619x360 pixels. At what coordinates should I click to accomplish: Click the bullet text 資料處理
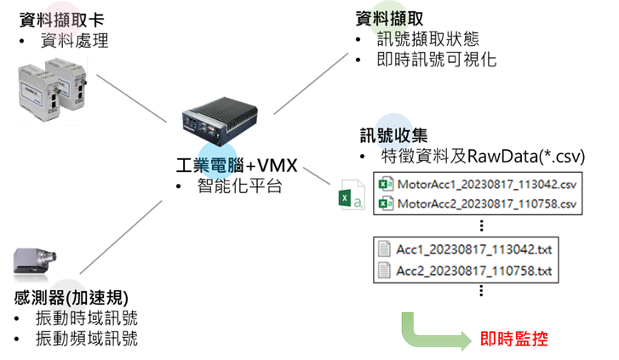point(75,41)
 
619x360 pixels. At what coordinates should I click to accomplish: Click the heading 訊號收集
point(394,135)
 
